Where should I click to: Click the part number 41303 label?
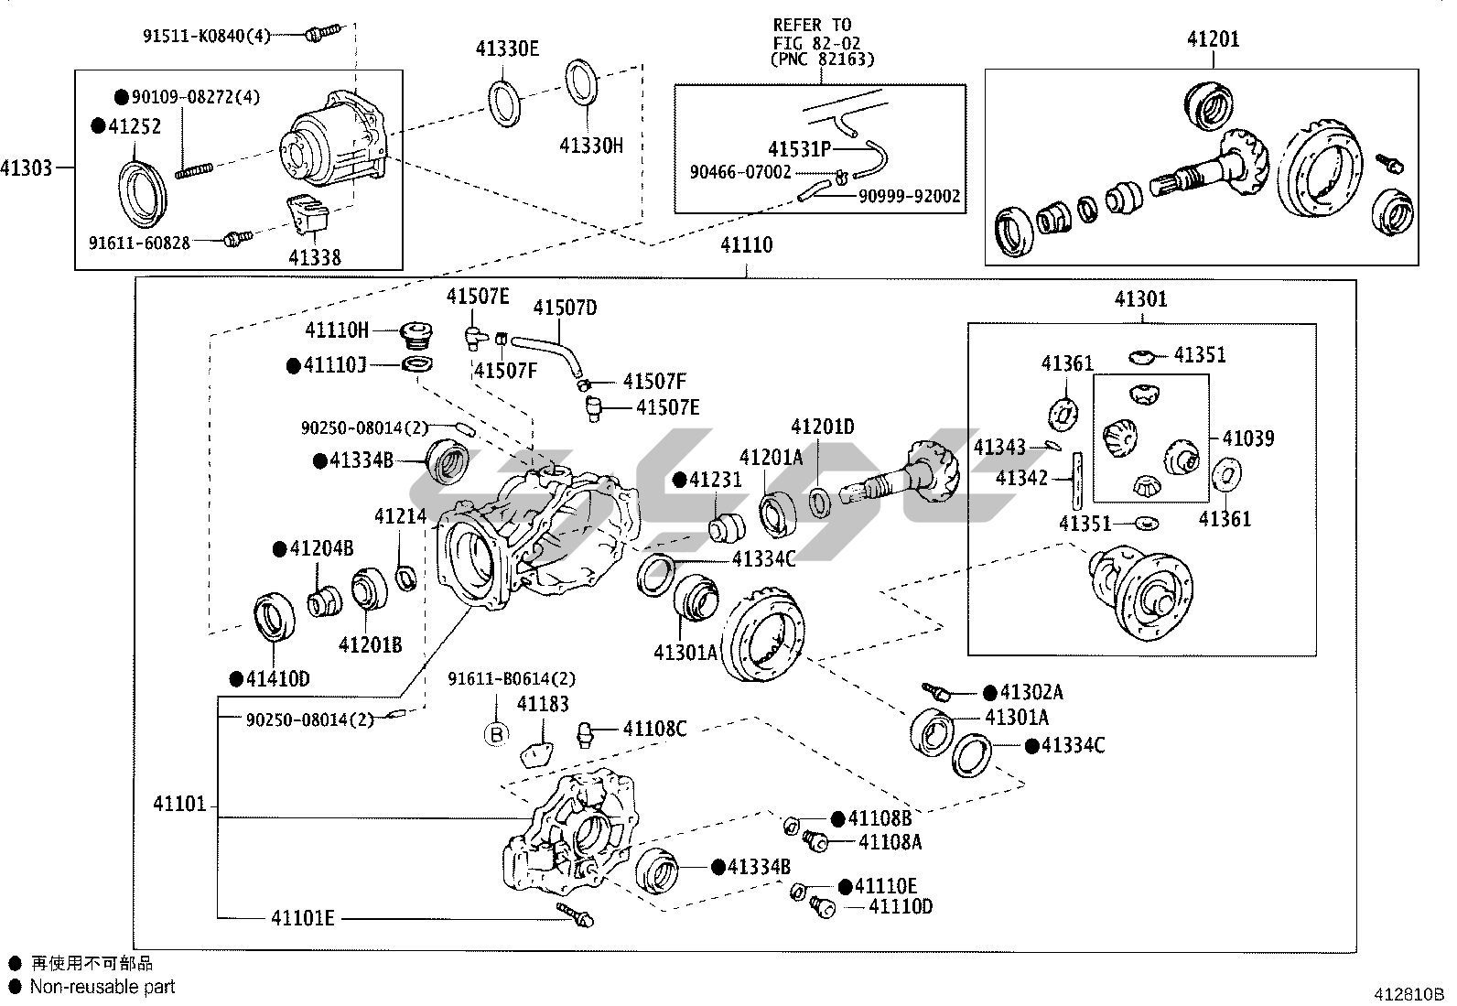pyautogui.click(x=27, y=168)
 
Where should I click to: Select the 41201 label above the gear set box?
pyautogui.click(x=1214, y=39)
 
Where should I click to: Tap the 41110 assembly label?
pyautogui.click(x=746, y=245)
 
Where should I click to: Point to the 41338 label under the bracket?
pyautogui.click(x=315, y=257)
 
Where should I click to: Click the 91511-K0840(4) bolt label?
pyautogui.click(x=207, y=36)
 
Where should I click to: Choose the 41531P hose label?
pyautogui.click(x=799, y=149)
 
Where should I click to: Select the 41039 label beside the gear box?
pyautogui.click(x=1248, y=438)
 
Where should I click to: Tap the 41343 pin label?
pyautogui.click(x=999, y=447)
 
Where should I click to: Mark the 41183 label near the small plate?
pyautogui.click(x=543, y=704)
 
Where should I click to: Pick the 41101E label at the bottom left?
pyautogui.click(x=302, y=917)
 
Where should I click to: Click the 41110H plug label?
pyautogui.click(x=337, y=330)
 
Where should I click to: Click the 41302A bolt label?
pyautogui.click(x=1031, y=693)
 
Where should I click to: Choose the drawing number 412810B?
pyautogui.click(x=1408, y=993)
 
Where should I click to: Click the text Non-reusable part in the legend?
pyautogui.click(x=103, y=987)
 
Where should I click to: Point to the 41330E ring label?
pyautogui.click(x=507, y=49)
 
